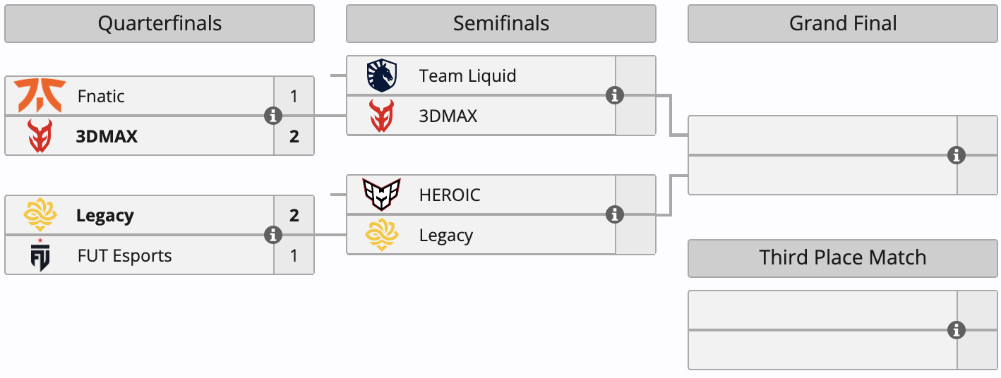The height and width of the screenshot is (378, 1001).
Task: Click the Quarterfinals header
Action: pyautogui.click(x=160, y=24)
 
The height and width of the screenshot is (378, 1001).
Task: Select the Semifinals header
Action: pyautogui.click(x=500, y=24)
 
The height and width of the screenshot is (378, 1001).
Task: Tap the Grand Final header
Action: pyautogui.click(x=842, y=24)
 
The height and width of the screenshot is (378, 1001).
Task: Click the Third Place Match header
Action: pyautogui.click(x=842, y=257)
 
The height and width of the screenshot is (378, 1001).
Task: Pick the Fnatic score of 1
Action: pyautogui.click(x=294, y=96)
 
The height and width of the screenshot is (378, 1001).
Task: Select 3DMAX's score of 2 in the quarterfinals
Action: pyautogui.click(x=294, y=136)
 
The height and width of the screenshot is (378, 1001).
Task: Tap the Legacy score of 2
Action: pyautogui.click(x=294, y=215)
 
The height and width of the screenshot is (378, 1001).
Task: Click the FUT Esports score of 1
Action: pyautogui.click(x=294, y=255)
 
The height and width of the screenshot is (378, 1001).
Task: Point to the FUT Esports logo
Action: pyautogui.click(x=40, y=255)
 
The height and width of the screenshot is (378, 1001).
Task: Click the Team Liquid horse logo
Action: pyautogui.click(x=382, y=75)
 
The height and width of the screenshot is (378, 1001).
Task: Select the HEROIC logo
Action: pyautogui.click(x=381, y=195)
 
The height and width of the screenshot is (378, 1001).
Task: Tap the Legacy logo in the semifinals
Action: pyautogui.click(x=382, y=235)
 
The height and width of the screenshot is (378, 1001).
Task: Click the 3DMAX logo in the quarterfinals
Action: pyautogui.click(x=40, y=136)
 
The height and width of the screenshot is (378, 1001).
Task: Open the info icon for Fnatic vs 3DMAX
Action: pyautogui.click(x=273, y=116)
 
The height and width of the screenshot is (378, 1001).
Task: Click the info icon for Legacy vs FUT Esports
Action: pyautogui.click(x=273, y=235)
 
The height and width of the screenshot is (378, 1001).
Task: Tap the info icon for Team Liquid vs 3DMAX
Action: pyautogui.click(x=615, y=95)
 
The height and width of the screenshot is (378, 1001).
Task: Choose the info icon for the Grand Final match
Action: pyautogui.click(x=957, y=155)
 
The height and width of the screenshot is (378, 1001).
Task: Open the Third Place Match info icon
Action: pyautogui.click(x=957, y=330)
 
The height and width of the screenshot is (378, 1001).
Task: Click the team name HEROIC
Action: pyautogui.click(x=450, y=195)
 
